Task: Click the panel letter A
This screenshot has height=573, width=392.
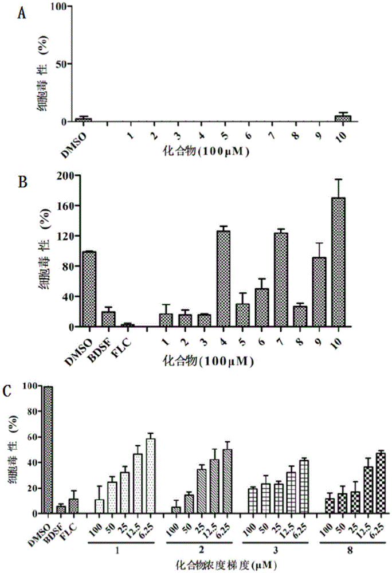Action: tap(21, 13)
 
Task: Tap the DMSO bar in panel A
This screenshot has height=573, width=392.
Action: tap(84, 120)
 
